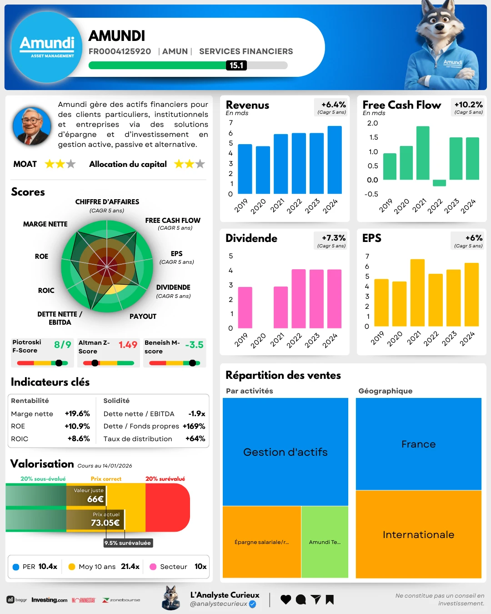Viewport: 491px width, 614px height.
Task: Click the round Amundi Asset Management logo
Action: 47,47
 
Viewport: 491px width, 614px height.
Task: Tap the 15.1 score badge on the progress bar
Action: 236,65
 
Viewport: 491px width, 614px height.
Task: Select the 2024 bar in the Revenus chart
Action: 335,160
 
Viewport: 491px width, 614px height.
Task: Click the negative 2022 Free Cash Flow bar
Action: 439,183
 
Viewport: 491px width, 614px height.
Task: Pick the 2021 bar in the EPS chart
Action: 417,292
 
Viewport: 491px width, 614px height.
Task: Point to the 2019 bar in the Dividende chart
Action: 245,307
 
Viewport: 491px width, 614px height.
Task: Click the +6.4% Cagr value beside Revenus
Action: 333,105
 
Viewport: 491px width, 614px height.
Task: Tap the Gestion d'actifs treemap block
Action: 286,452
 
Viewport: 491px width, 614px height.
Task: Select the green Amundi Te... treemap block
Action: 325,542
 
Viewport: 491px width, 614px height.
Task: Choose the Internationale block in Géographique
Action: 418,534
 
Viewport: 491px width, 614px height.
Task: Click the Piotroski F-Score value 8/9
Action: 62,345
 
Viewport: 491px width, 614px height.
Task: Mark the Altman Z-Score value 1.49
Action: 128,345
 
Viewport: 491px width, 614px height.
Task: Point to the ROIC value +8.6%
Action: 79,439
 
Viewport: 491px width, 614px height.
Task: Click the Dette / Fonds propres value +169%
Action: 194,426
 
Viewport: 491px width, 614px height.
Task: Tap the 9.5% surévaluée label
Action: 128,543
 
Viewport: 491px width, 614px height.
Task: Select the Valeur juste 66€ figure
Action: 95,499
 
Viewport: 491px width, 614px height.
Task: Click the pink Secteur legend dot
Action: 153,567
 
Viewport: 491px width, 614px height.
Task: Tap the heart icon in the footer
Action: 286,599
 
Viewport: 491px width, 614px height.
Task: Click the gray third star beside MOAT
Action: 71,164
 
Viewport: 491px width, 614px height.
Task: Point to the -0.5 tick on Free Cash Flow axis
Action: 371,194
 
